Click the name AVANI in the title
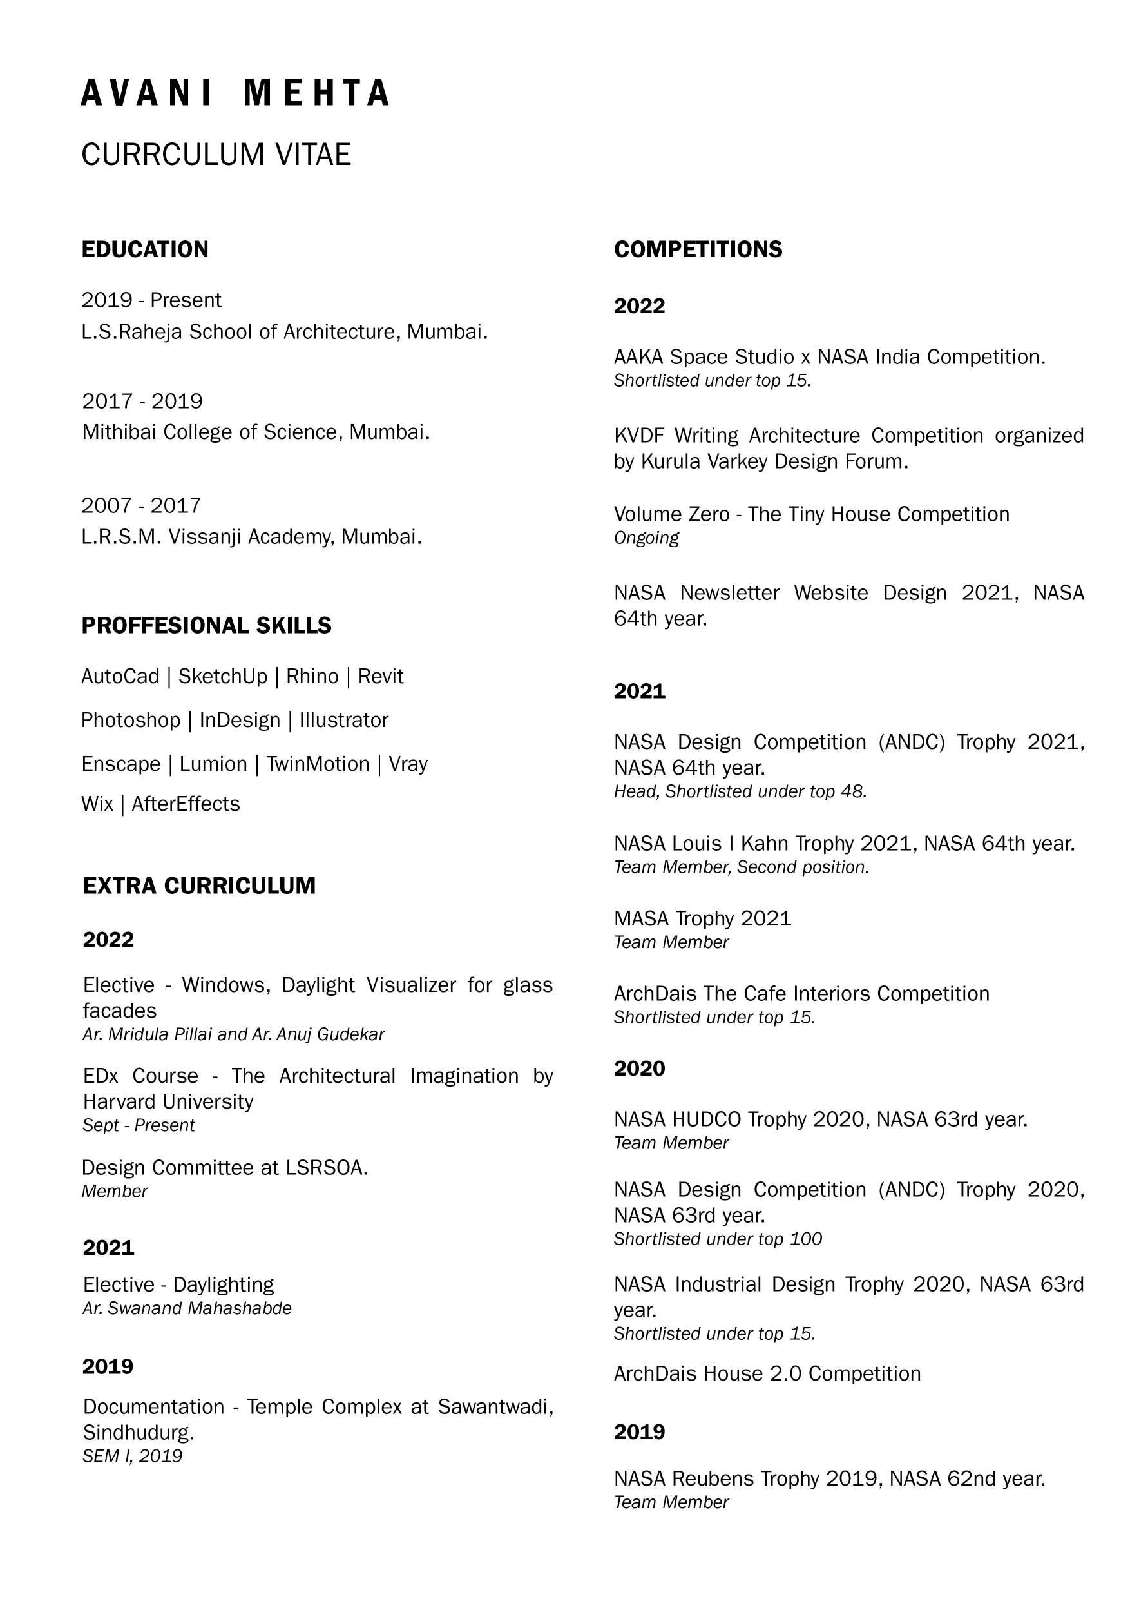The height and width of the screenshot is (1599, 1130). [x=147, y=93]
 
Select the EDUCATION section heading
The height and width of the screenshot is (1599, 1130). [x=145, y=249]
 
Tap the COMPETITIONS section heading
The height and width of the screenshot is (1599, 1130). [x=698, y=249]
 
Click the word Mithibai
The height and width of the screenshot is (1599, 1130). [x=119, y=432]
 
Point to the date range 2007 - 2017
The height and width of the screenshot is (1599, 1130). [x=141, y=505]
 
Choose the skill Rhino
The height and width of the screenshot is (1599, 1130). [x=312, y=676]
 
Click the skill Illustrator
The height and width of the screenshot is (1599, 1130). [x=344, y=720]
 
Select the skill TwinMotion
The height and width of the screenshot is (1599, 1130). [x=318, y=764]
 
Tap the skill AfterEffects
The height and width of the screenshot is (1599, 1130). [x=186, y=804]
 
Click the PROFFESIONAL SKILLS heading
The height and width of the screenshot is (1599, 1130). [x=206, y=625]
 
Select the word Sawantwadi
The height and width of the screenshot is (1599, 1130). [x=495, y=1407]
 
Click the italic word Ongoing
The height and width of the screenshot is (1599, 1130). [x=646, y=538]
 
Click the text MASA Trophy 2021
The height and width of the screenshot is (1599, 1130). [x=702, y=918]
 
